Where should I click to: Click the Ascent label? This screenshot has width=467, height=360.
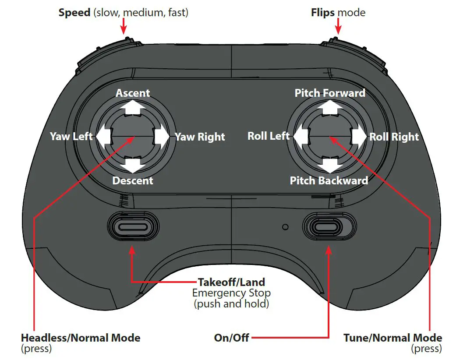pos(133,93)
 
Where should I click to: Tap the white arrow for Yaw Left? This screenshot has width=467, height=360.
pos(103,137)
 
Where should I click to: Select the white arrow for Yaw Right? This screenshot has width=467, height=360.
pos(162,137)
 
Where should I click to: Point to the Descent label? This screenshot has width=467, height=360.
pos(133,180)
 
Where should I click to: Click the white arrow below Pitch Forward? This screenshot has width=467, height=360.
pos(329,107)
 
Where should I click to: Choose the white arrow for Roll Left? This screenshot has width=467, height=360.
pos(300,137)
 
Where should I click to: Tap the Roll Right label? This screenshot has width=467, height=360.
pos(394,137)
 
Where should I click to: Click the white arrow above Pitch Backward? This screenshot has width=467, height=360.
pos(329,165)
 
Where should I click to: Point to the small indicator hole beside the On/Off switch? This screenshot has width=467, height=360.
pos(286,227)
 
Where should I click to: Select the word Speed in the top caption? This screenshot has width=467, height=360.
pos(74,12)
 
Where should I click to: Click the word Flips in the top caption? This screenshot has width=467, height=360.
pos(324,12)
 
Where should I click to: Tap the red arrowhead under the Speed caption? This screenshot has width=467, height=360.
pos(123,30)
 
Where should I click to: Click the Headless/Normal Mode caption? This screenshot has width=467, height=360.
pos(81,338)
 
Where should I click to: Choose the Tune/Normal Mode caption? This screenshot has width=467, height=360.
pos(393,338)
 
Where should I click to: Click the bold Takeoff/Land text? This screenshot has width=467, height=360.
pos(231,282)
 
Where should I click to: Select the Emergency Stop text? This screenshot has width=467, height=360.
pos(231,293)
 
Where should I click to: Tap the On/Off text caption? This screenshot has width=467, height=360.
pos(231,338)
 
